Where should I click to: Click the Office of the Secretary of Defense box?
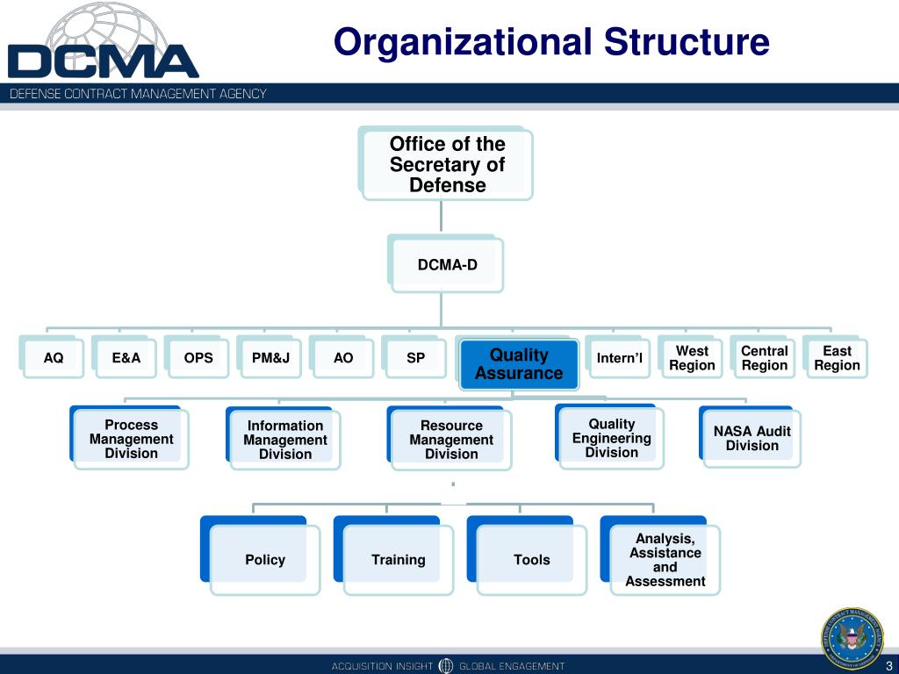click(x=447, y=164)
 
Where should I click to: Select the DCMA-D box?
click(x=447, y=264)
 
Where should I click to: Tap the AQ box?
click(x=54, y=357)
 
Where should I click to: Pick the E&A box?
click(x=126, y=357)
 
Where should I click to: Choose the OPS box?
click(x=198, y=357)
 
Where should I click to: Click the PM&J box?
click(x=270, y=357)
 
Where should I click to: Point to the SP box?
click(x=415, y=357)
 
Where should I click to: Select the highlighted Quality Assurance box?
click(x=519, y=364)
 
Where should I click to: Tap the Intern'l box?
click(x=619, y=357)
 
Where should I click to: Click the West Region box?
click(x=692, y=357)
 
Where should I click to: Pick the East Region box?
click(x=837, y=357)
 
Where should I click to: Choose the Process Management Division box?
click(x=131, y=439)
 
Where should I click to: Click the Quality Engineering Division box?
click(x=611, y=438)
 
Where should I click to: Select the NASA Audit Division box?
click(x=752, y=438)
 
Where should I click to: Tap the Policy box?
click(x=264, y=559)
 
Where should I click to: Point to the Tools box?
click(x=531, y=559)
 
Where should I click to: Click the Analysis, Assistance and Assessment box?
click(x=665, y=559)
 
